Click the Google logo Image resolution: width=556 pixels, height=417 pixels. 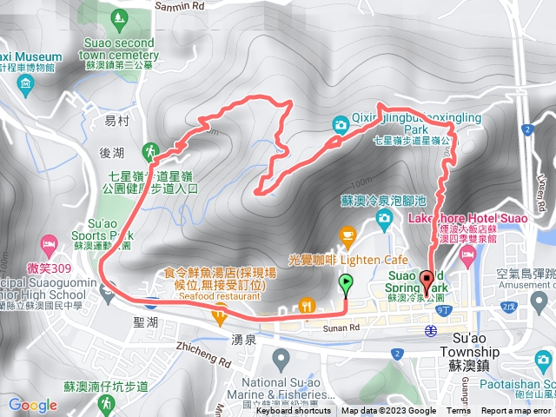click(32, 404)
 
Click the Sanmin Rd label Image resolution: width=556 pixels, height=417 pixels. click(181, 5)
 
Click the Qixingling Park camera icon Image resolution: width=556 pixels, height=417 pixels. click(340, 124)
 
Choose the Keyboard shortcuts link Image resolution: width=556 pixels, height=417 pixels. click(295, 411)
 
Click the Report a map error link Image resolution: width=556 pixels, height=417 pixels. click(516, 411)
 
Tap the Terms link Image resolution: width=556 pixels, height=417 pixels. click(458, 411)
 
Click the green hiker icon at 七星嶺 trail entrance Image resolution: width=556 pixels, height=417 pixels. click(153, 151)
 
